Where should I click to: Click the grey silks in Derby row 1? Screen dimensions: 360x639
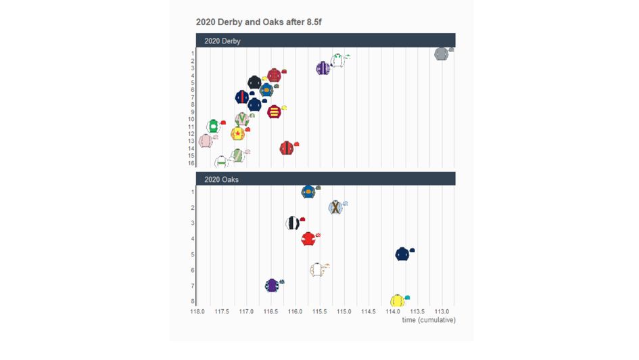tap(442, 53)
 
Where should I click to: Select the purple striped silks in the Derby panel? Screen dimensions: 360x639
tap(323, 68)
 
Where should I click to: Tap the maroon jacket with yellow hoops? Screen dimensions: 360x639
tap(274, 112)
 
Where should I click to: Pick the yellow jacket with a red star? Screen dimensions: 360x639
tap(237, 133)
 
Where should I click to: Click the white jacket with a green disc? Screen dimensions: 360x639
tap(213, 126)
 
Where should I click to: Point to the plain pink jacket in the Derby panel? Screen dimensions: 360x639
tap(206, 141)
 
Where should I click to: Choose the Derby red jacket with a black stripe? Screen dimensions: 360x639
tap(287, 148)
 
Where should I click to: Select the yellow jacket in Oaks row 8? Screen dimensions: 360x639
tap(397, 300)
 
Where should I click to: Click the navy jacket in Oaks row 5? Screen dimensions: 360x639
tap(402, 254)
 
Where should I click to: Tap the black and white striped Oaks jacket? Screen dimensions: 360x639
tap(293, 223)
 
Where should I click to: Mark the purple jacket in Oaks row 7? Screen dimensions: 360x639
tap(272, 285)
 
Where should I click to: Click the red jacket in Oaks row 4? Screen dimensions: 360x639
tap(308, 239)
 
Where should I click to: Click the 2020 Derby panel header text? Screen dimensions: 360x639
tap(222, 41)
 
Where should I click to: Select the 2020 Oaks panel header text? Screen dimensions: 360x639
tap(221, 180)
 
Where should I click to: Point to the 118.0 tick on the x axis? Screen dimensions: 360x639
tap(197, 312)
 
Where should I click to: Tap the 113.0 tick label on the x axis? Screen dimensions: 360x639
tap(442, 312)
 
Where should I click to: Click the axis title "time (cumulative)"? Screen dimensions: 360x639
tap(429, 320)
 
